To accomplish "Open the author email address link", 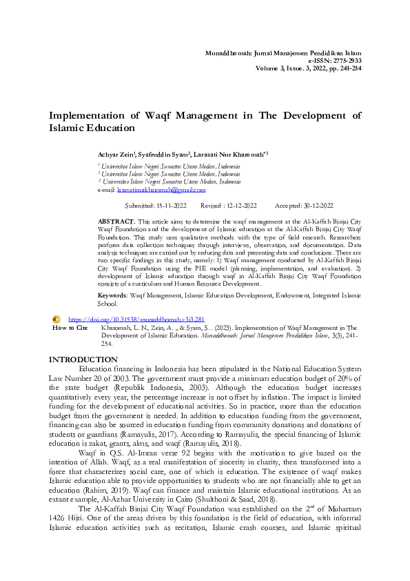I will point(161,189).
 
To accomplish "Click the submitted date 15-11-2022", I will point(170,206).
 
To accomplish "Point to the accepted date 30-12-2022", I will point(314,206).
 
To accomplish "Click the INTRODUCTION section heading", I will point(83,360).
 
